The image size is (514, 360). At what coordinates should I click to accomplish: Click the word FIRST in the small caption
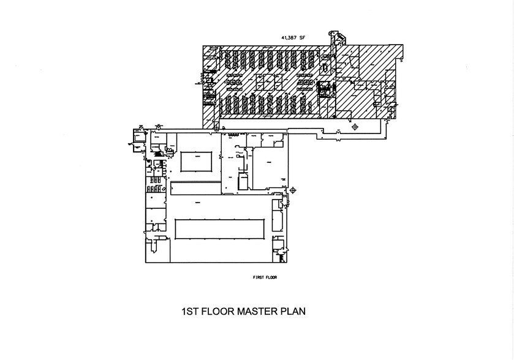click(x=259, y=277)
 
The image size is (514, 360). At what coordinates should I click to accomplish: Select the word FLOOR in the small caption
click(x=273, y=277)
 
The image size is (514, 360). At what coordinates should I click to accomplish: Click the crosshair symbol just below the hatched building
click(x=355, y=127)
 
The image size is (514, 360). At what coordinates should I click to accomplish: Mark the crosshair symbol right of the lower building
click(x=292, y=191)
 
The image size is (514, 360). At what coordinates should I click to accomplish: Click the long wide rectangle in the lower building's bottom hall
click(x=222, y=230)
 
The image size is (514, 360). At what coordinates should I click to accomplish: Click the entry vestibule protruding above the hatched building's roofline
click(x=333, y=38)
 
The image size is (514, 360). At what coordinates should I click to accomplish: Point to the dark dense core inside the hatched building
click(x=324, y=89)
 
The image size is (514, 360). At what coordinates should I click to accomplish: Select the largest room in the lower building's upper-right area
click(x=268, y=167)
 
